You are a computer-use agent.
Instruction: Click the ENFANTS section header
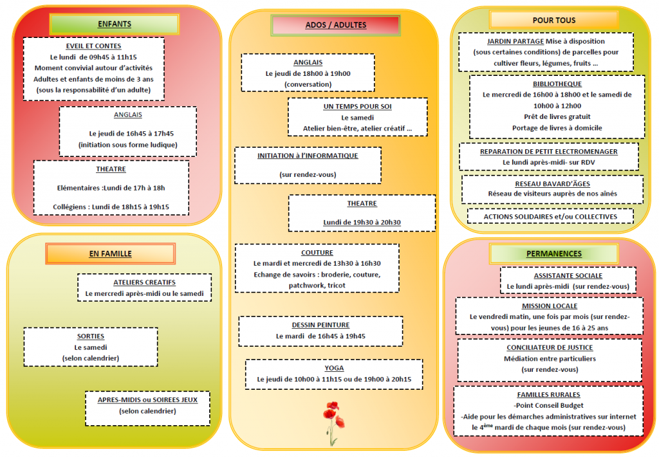[x=115, y=24]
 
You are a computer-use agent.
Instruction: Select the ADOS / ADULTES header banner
[x=336, y=25]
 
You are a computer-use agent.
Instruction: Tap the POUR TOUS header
[x=554, y=20]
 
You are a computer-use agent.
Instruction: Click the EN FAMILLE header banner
[x=110, y=254]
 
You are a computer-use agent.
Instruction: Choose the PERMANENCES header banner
[x=554, y=254]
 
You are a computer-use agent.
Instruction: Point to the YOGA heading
[x=334, y=368]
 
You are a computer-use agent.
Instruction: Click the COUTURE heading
[x=317, y=253]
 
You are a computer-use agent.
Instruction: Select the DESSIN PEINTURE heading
[x=320, y=325]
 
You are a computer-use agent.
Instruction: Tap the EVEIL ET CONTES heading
[x=93, y=46]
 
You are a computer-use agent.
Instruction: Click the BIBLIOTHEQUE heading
[x=557, y=84]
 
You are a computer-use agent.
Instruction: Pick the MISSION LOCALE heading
[x=550, y=306]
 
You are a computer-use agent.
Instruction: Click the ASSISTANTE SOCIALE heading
[x=568, y=276]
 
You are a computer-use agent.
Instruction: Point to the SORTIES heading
[x=91, y=336]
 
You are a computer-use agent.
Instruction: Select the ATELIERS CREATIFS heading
[x=145, y=282]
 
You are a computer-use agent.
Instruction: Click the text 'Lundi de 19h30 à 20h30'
[x=362, y=223]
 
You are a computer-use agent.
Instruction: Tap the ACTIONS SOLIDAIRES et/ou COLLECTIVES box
[x=551, y=216]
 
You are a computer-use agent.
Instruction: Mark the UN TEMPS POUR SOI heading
[x=358, y=106]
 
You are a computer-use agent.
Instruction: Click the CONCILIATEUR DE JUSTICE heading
[x=550, y=347]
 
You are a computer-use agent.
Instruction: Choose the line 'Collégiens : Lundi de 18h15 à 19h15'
[x=111, y=206]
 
